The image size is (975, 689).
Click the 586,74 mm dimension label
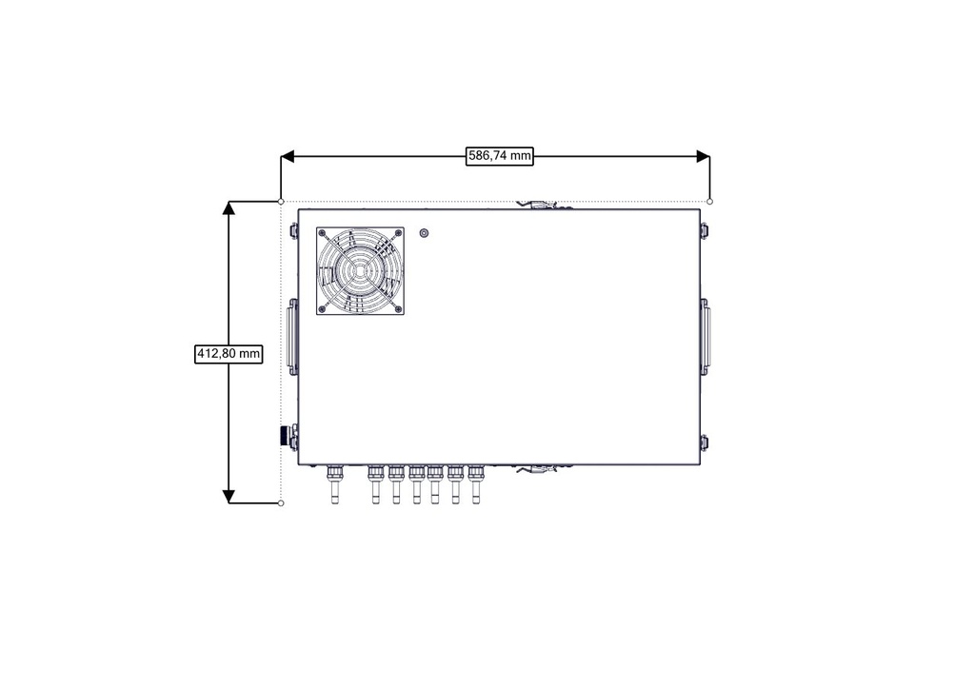pyautogui.click(x=499, y=155)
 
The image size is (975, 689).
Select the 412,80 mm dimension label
pyautogui.click(x=229, y=353)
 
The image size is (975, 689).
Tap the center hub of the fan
pyautogui.click(x=360, y=271)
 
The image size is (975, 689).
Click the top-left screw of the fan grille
pyautogui.click(x=322, y=233)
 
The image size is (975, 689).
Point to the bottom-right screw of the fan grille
pyautogui.click(x=398, y=308)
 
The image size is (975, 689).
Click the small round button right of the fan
pyautogui.click(x=424, y=233)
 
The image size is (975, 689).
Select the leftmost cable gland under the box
pyautogui.click(x=334, y=484)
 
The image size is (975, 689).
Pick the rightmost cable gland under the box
pyautogui.click(x=476, y=484)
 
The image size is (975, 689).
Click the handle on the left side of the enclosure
pyautogui.click(x=292, y=336)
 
